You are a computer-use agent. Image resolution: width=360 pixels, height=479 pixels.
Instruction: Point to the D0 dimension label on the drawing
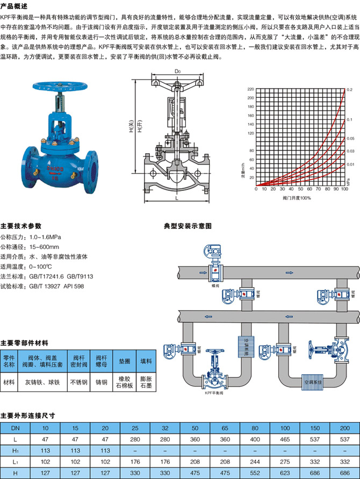pyautogui.click(x=177, y=71)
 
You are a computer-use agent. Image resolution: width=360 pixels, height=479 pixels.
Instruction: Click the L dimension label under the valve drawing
pyautogui.click(x=177, y=198)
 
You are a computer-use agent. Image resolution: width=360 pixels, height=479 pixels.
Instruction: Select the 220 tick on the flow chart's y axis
pyautogui.click(x=250, y=89)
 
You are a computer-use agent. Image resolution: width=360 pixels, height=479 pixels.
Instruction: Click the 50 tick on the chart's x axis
pyautogui.click(x=300, y=190)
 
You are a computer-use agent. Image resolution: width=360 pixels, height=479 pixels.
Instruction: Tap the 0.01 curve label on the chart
pyautogui.click(x=350, y=164)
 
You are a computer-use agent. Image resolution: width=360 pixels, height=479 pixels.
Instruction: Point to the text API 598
pyautogui.click(x=75, y=286)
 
